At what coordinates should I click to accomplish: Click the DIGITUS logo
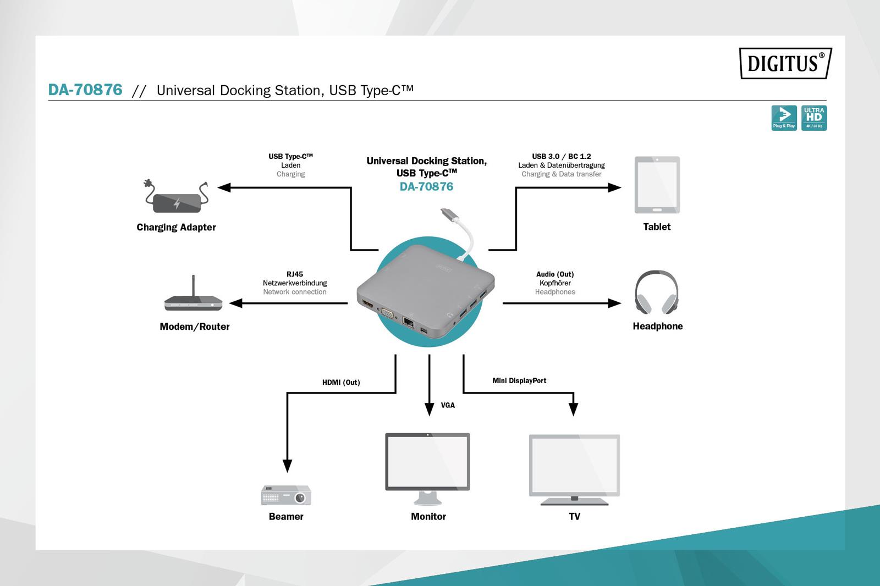coord(785,63)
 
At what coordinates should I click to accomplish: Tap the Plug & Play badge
coord(784,118)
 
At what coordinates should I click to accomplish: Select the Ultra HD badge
coord(814,118)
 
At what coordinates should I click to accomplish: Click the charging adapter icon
coord(177,198)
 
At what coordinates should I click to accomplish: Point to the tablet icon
coord(657,185)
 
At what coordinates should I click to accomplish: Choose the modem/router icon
coord(194,295)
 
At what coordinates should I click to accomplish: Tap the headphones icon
coord(657,292)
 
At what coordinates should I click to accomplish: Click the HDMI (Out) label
coord(341,383)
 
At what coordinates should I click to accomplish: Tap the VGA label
coord(448,405)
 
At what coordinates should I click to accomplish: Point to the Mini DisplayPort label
coord(519,380)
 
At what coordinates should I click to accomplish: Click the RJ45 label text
coord(295,274)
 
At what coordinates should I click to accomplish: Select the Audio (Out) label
coord(555,274)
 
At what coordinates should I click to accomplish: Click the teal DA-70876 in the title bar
coord(85,90)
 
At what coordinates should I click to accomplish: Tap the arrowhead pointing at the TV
coord(573,409)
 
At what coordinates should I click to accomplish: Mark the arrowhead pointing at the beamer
coord(287,466)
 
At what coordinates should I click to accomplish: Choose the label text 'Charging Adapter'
coord(176,227)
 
